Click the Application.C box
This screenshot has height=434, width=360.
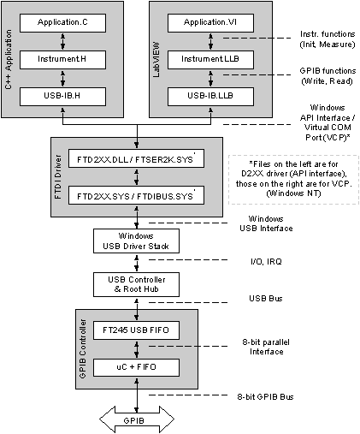pyautogui.click(x=62, y=23)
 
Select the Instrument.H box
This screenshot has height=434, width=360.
pyautogui.click(x=62, y=60)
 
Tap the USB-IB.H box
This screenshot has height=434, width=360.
pyautogui.click(x=62, y=97)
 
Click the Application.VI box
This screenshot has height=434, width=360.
pyautogui.click(x=210, y=23)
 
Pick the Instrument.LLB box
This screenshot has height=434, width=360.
pyautogui.click(x=210, y=60)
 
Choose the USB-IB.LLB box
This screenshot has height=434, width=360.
pyautogui.click(x=210, y=97)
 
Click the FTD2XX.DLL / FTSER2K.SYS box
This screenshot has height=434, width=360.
pyautogui.click(x=136, y=158)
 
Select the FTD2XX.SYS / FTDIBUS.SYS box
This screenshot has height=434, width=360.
pyautogui.click(x=136, y=195)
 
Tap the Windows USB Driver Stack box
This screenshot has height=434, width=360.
pyautogui.click(x=136, y=241)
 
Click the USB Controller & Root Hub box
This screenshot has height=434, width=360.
pyautogui.click(x=136, y=284)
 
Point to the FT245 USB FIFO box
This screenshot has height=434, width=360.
pyautogui.click(x=136, y=330)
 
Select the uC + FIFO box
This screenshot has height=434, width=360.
pyautogui.click(x=136, y=367)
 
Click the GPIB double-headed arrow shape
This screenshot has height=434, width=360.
pyautogui.click(x=137, y=420)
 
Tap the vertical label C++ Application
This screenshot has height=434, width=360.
pyautogui.click(x=9, y=59)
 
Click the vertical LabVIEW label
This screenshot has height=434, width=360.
pyautogui.click(x=156, y=59)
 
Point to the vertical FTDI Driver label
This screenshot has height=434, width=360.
pyautogui.click(x=58, y=177)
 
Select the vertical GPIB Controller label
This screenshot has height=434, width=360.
pyautogui.click(x=82, y=348)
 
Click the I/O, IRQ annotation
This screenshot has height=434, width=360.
pyautogui.click(x=266, y=261)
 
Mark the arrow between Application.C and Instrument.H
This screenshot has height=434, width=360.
pyautogui.click(x=62, y=41)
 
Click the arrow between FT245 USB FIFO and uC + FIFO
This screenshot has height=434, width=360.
pyautogui.click(x=137, y=349)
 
